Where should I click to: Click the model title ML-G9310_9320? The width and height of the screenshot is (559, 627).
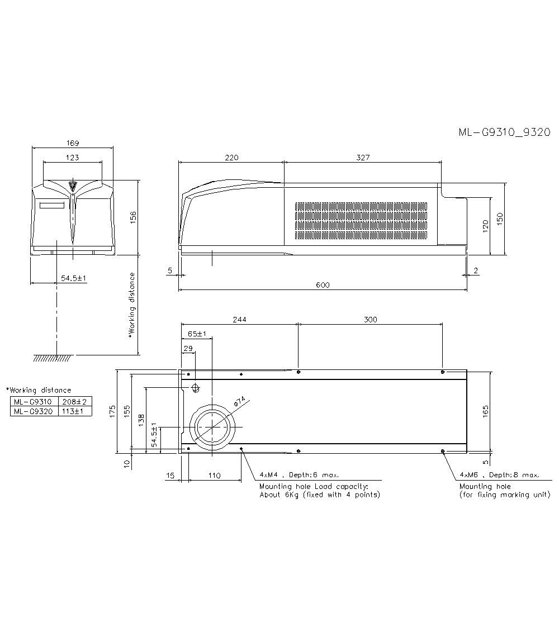click(x=504, y=132)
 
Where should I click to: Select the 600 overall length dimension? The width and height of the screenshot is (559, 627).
click(x=323, y=285)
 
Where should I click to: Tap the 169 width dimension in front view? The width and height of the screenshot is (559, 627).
click(x=73, y=142)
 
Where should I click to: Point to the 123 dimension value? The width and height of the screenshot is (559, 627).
click(x=73, y=158)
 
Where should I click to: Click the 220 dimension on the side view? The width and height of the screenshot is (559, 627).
click(x=231, y=158)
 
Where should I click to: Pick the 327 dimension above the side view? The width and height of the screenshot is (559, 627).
click(x=363, y=158)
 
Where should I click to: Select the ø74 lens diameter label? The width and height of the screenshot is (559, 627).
click(x=239, y=402)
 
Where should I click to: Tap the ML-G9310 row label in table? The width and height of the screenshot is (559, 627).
click(x=33, y=401)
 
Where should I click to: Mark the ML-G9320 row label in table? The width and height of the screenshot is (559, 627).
click(x=33, y=411)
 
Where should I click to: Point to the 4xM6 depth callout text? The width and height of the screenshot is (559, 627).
click(x=499, y=475)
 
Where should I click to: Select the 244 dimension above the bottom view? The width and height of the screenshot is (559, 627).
click(x=239, y=320)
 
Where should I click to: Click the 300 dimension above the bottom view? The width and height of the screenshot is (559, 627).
click(x=370, y=320)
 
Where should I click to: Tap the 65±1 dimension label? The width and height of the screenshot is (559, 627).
click(x=197, y=334)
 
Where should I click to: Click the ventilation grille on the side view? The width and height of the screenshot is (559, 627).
click(x=361, y=217)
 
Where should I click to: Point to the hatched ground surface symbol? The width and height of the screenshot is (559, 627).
click(x=52, y=358)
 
